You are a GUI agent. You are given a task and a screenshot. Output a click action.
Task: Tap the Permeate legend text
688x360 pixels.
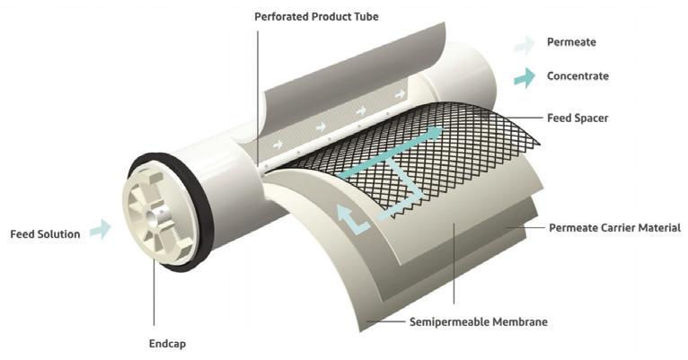coord(571,42)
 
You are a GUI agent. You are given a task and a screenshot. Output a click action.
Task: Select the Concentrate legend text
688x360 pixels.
coord(578,75)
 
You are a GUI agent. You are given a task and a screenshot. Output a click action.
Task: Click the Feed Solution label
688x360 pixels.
coord(45,234)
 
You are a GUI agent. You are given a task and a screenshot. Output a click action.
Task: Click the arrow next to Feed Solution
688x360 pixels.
coord(100,231)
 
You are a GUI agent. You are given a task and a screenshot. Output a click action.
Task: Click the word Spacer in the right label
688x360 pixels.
coord(593,118)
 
